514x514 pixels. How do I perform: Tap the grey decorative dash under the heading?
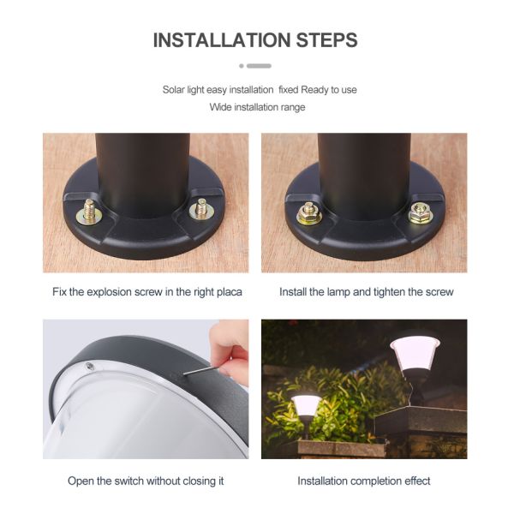pyautogui.click(x=258, y=66)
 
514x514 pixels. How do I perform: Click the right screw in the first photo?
pyautogui.click(x=202, y=207)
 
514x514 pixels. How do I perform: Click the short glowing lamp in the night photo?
pyautogui.click(x=307, y=406)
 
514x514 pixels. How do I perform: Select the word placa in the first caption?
pyautogui.click(x=227, y=292)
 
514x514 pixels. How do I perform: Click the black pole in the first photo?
pyautogui.click(x=142, y=167)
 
